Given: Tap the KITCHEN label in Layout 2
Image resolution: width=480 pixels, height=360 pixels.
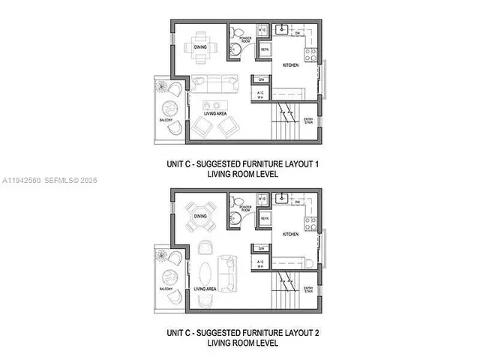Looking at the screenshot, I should (x=291, y=234).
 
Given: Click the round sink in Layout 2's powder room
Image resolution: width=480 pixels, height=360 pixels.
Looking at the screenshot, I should (x=235, y=217).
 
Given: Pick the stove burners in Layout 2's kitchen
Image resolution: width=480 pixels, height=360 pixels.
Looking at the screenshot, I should (x=310, y=223).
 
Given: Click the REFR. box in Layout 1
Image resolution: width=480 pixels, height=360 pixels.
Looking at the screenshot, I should (x=265, y=49).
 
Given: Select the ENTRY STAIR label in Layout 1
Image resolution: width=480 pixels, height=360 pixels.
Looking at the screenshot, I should (x=308, y=121).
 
